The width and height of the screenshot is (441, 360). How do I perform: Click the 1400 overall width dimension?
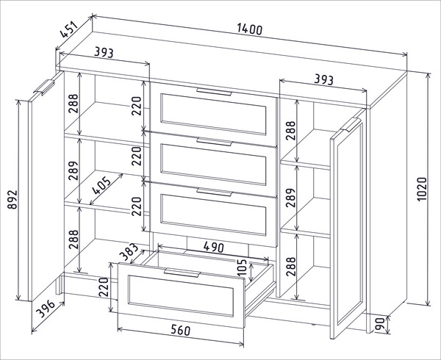[x=249, y=29]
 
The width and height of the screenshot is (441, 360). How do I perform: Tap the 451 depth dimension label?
[x=68, y=29]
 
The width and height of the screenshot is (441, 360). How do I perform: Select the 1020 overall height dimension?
[x=422, y=189]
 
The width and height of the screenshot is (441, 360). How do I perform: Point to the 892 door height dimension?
[x=12, y=200]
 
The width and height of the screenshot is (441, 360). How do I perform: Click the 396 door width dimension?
[x=46, y=309]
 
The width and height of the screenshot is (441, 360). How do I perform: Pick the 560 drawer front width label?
[x=181, y=330]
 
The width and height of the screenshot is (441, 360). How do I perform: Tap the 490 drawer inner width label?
[x=214, y=248]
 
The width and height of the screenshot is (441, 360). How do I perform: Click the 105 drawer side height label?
[x=242, y=267]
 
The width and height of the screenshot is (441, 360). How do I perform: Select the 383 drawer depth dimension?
[x=129, y=251]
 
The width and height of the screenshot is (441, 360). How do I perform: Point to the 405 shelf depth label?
[x=102, y=185]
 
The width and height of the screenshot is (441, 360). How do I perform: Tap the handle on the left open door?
[x=44, y=87]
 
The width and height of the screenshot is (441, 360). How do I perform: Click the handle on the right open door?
[x=351, y=125]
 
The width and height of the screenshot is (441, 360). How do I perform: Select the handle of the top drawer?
[x=214, y=92]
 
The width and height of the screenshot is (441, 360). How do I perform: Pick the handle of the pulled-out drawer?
[x=182, y=273]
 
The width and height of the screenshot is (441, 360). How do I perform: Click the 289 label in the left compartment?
[x=73, y=170]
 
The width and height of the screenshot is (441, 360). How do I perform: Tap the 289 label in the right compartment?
[x=291, y=198]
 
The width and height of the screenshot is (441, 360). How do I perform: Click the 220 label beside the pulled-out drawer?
[x=104, y=287]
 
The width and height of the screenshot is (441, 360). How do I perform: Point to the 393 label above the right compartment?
[x=323, y=79]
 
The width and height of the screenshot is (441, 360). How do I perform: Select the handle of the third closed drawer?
[x=215, y=192]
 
